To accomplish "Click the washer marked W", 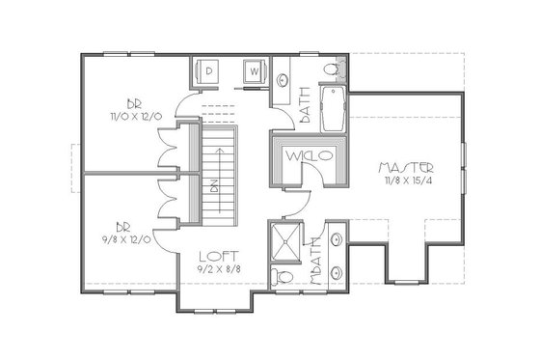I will coord(253,71).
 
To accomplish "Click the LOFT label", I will coord(213,256).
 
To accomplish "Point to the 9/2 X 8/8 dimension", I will coord(213,269).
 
